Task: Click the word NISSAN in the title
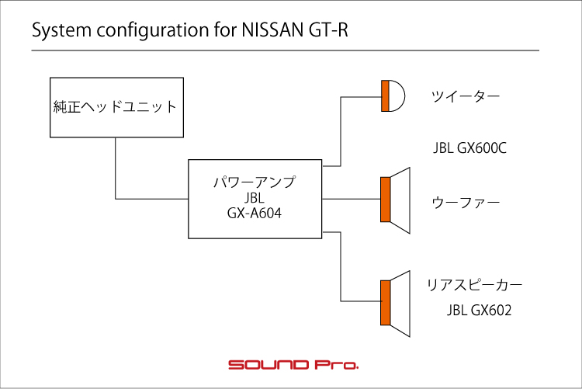[273, 30]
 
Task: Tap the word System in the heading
[61, 31]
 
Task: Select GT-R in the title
[328, 30]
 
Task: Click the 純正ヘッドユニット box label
[115, 107]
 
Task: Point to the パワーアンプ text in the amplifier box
[255, 182]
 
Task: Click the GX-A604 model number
[255, 214]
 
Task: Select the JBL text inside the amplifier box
[255, 198]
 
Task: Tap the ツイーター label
[466, 96]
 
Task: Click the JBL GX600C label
[469, 148]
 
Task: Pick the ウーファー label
[466, 203]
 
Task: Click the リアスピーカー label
[474, 285]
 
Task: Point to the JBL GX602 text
[479, 311]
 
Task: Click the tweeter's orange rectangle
[385, 96]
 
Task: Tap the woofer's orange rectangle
[386, 200]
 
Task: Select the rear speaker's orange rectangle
[386, 303]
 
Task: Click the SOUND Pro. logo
[293, 364]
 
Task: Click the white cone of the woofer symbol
[400, 200]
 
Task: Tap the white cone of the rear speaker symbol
[400, 304]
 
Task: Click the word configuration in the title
[153, 31]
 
